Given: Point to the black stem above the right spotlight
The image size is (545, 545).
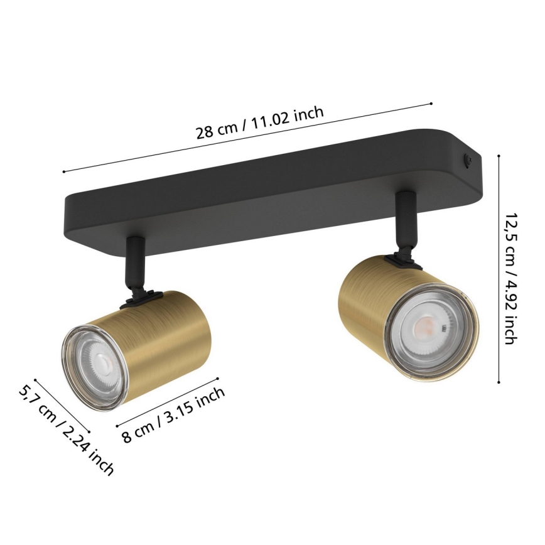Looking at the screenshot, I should pyautogui.click(x=404, y=220).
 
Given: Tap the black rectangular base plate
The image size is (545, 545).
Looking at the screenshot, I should pyautogui.click(x=251, y=188).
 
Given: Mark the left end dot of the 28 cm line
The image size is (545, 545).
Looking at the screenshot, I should pyautogui.click(x=64, y=171).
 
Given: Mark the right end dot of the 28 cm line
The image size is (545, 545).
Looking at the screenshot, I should pyautogui.click(x=432, y=104).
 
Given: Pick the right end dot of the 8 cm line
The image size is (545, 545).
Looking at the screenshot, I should pyautogui.click(x=217, y=378).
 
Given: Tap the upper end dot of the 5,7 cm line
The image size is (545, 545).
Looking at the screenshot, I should pyautogui.click(x=36, y=379).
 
